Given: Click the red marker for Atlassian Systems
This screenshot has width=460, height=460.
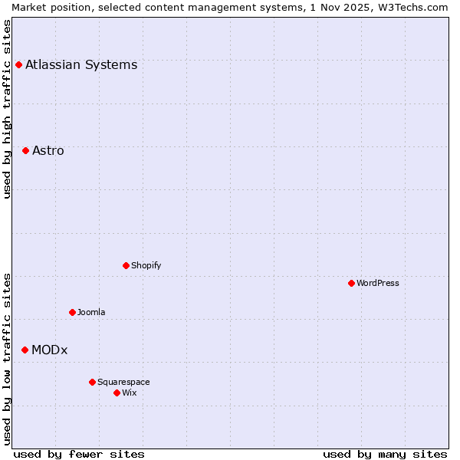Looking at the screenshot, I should [18, 64].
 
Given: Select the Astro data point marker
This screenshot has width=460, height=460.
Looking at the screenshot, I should [25, 150].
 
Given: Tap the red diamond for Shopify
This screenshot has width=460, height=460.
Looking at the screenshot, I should [126, 265].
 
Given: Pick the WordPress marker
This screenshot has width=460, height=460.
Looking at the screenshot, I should [351, 283].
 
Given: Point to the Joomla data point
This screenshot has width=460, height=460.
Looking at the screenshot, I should [72, 312].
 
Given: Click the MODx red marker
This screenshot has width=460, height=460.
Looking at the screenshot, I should [25, 350].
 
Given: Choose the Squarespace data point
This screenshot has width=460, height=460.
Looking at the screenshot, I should [92, 382].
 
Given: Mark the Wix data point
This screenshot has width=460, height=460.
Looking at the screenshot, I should [117, 393].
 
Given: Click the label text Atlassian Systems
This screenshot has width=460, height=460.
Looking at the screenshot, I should [81, 64].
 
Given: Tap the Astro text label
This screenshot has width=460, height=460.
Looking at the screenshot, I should [48, 150].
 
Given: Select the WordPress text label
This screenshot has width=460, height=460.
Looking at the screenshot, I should [378, 283].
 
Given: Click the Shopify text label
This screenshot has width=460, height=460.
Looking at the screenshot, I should [146, 265].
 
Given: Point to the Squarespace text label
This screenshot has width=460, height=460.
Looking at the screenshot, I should [123, 382].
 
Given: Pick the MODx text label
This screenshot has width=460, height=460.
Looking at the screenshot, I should [50, 350].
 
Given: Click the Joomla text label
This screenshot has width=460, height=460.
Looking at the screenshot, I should [91, 312].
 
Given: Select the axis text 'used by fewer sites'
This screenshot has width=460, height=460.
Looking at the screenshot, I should [79, 454].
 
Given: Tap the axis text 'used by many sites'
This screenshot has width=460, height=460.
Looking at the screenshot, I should [385, 454].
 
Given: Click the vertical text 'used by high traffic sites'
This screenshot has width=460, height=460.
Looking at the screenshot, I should [8, 108].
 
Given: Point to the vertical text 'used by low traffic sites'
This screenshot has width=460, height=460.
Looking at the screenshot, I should [8, 358].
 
